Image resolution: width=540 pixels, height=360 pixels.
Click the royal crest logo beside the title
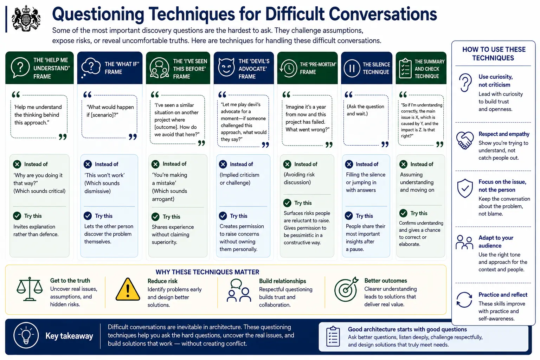click(x=26, y=19)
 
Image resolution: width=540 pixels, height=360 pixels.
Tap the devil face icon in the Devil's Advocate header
click(x=226, y=67)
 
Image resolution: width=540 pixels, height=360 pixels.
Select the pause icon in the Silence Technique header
click(x=352, y=68)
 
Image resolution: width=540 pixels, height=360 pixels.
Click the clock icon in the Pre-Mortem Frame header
click(x=288, y=68)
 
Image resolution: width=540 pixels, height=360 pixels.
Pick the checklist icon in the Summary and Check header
click(x=405, y=68)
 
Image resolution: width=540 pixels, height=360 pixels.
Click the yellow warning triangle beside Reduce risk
click(x=128, y=289)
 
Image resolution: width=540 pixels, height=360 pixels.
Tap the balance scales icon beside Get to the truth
click(x=30, y=289)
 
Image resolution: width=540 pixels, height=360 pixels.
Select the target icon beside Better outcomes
click(x=346, y=289)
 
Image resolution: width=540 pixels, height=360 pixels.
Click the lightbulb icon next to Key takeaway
click(x=26, y=335)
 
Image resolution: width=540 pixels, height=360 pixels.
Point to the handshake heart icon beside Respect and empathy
click(x=465, y=140)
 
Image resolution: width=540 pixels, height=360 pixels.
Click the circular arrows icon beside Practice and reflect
click(x=464, y=300)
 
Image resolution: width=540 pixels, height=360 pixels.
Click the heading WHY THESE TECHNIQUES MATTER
click(x=207, y=272)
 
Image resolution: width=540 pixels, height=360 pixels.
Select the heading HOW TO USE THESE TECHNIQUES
click(x=494, y=53)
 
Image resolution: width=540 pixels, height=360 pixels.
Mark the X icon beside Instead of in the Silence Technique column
click(x=349, y=164)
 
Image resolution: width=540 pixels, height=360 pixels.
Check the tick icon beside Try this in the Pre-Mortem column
click(x=287, y=203)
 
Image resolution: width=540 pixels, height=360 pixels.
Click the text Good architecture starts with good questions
click(x=407, y=329)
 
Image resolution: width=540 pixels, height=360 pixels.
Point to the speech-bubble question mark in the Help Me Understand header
click(x=20, y=67)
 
